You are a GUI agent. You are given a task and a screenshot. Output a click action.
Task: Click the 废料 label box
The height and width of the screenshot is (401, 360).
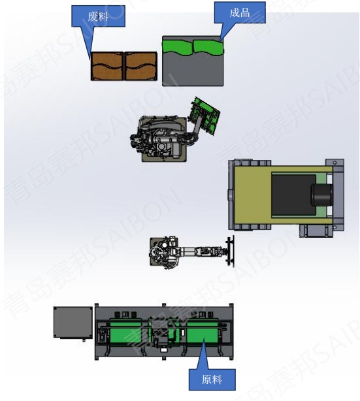(98, 16)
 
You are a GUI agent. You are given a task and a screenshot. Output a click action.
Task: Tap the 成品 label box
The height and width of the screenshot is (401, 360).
(240, 12)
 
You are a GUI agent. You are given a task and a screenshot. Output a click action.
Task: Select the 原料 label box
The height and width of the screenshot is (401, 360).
(212, 379)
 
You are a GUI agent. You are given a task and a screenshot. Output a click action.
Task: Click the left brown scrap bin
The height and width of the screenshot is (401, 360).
(107, 66)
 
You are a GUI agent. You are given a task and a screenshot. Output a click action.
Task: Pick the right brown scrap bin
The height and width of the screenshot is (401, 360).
(140, 66)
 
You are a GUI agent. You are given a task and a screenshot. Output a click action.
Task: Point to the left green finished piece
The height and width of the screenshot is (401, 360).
(178, 47)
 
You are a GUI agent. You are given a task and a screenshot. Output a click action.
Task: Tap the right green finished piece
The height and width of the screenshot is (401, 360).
(208, 47)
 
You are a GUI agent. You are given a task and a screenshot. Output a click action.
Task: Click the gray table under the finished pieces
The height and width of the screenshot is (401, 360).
(193, 69)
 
